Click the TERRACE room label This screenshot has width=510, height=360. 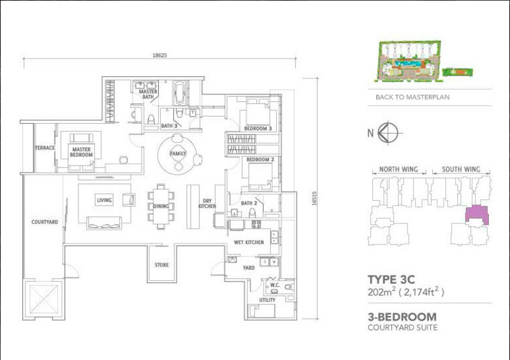pyautogui.click(x=45, y=148)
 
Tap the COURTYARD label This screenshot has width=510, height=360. pyautogui.click(x=45, y=222)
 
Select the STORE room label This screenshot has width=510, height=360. pyautogui.click(x=162, y=265)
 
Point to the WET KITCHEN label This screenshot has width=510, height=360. pyautogui.click(x=249, y=242)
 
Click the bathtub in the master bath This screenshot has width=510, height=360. pyautogui.click(x=180, y=92)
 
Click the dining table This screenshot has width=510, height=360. pyautogui.click(x=161, y=206)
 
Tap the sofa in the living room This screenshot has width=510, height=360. pyautogui.click(x=104, y=223)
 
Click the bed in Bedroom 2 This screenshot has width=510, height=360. pyautogui.click(x=261, y=176)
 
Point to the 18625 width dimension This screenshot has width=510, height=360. pyautogui.click(x=160, y=55)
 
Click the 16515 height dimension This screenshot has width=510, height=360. pyautogui.click(x=314, y=198)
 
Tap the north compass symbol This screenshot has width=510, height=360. pyautogui.click(x=388, y=133)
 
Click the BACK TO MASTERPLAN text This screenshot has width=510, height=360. pyautogui.click(x=412, y=97)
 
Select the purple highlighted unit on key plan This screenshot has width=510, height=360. pyautogui.click(x=476, y=213)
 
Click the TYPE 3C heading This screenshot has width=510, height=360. pyautogui.click(x=391, y=280)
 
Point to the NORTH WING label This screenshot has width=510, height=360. pyautogui.click(x=398, y=169)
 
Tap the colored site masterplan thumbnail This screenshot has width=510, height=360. pyautogui.click(x=409, y=61)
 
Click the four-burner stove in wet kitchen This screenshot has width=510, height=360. pyautogui.click(x=256, y=224)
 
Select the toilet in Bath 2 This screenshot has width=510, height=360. pyautogui.click(x=252, y=213)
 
